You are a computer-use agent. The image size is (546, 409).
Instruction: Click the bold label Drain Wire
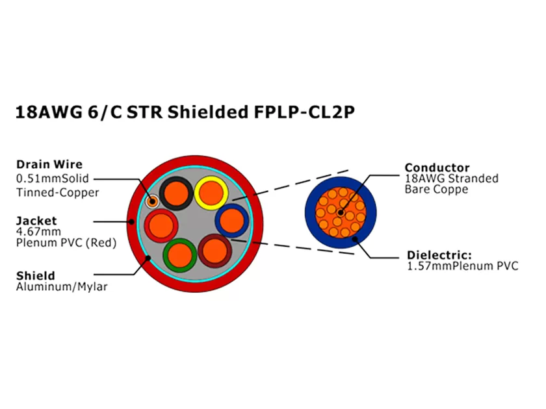[49, 164]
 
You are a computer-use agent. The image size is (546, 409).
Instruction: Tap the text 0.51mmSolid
[52, 179]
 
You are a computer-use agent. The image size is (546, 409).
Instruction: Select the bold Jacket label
[36, 221]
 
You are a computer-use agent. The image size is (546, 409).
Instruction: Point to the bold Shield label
[36, 276]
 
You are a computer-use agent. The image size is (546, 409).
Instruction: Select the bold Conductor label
[437, 167]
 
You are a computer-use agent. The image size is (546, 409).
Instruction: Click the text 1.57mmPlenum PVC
[462, 266]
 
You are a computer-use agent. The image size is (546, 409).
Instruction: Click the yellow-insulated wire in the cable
[211, 192]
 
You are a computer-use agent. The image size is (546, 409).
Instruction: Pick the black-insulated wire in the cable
[175, 193]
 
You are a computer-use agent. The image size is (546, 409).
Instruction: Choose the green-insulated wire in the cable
[180, 254]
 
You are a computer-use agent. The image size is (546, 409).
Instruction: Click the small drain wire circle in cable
[153, 201]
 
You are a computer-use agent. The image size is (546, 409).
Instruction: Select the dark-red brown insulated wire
[214, 253]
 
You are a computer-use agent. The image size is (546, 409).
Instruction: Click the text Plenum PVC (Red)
[66, 243]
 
